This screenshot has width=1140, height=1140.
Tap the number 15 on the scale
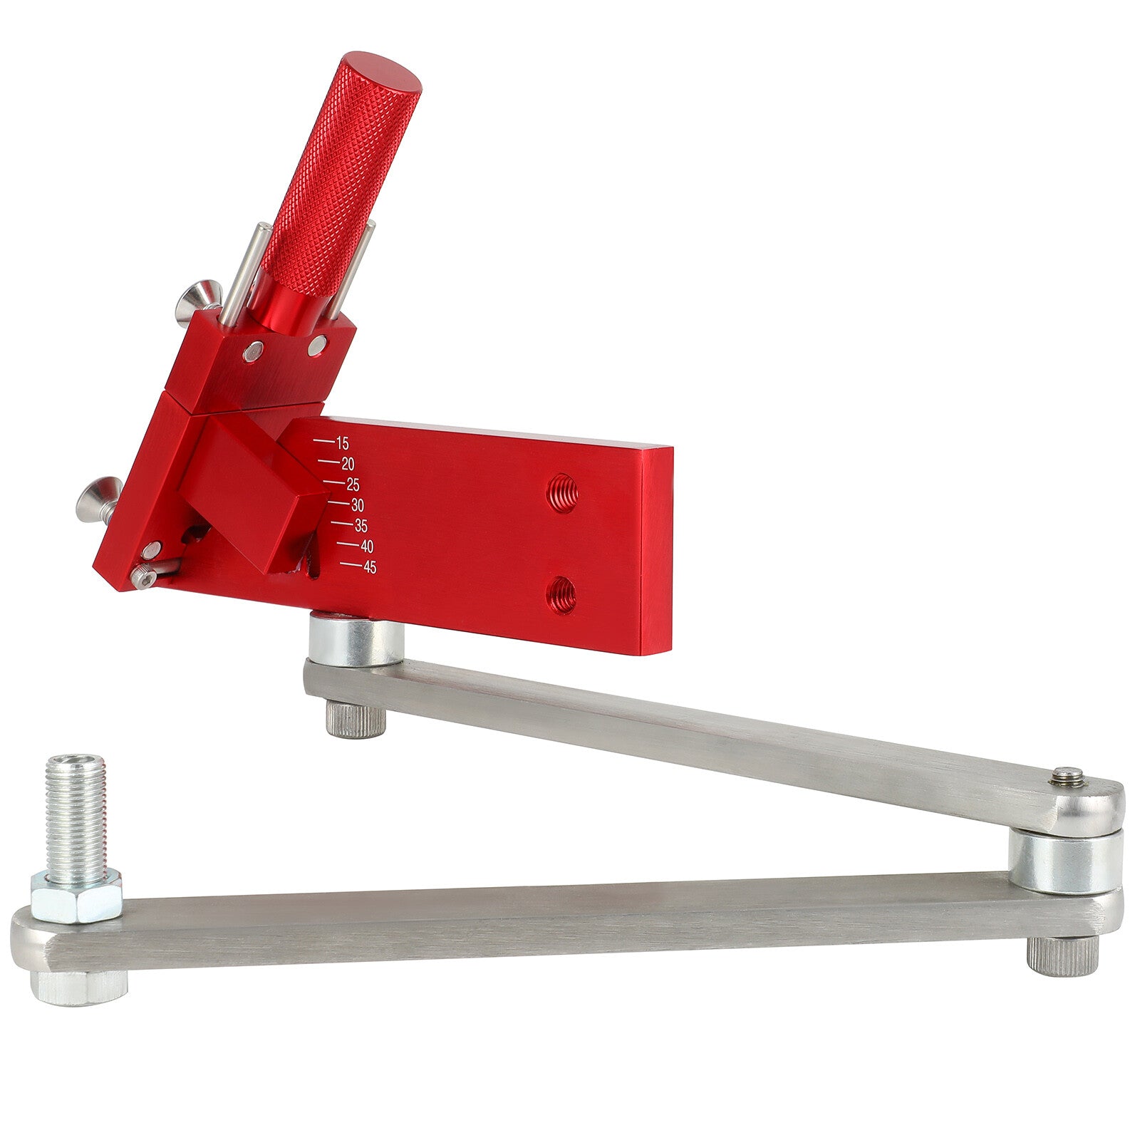(342, 443)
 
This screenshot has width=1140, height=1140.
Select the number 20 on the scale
(348, 464)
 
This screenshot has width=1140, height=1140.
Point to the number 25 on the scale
(353, 485)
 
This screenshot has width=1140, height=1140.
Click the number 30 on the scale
(357, 506)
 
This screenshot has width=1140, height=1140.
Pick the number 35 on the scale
(361, 527)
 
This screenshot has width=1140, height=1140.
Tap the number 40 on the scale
(366, 546)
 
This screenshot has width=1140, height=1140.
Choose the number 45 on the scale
(370, 568)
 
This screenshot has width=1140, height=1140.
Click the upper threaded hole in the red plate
(562, 492)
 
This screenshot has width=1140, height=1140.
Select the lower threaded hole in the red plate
(562, 595)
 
